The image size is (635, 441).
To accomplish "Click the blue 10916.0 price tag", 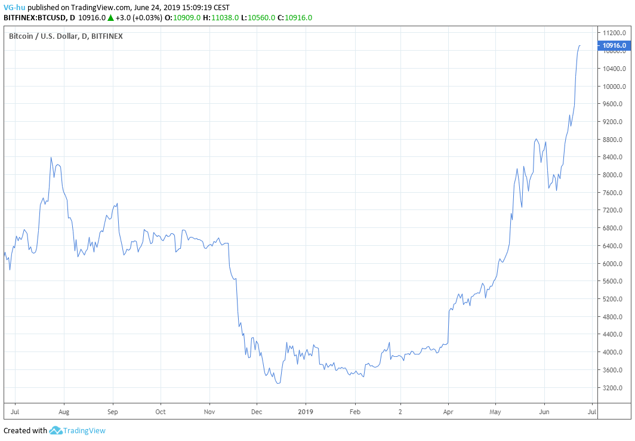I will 614,45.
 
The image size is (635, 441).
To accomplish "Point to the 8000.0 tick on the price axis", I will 614,175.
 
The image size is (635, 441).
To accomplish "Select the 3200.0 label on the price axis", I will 614,388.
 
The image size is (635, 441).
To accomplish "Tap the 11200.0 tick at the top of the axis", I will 614,33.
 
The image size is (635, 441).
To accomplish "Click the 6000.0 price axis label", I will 614,264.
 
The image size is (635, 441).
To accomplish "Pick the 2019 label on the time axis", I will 306,412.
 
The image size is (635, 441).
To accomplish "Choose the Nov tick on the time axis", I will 209,412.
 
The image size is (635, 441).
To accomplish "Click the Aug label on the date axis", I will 64,412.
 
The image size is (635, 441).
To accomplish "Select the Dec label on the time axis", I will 256,412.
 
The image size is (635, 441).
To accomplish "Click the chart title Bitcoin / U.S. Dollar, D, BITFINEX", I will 66,36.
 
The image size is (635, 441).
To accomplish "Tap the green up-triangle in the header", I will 110,18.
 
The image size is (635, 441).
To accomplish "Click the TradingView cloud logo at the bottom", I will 56,430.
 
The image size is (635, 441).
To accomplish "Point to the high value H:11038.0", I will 221,18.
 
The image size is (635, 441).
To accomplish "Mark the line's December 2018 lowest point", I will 278,383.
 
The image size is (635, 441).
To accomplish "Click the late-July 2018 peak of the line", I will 51,158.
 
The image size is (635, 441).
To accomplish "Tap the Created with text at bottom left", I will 25,431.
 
